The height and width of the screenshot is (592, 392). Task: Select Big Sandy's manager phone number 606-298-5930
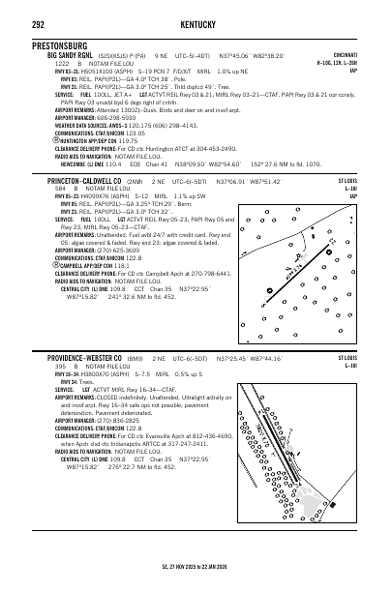click(117, 117)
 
